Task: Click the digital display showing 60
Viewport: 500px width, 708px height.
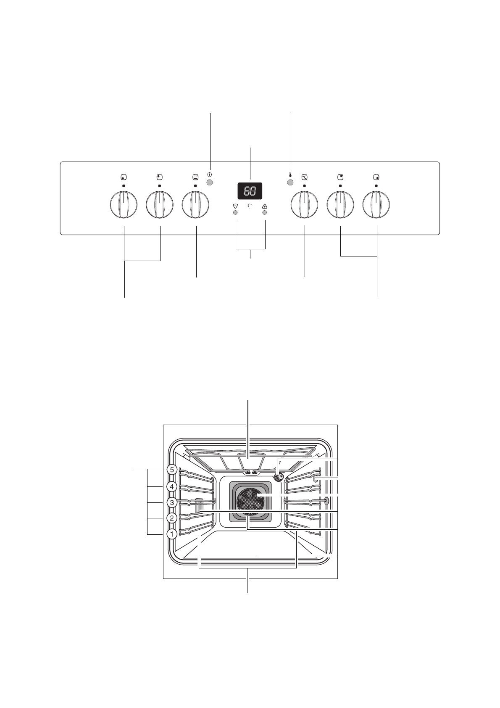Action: (250, 191)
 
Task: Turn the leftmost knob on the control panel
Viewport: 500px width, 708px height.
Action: (124, 205)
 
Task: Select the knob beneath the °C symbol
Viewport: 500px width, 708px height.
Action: (304, 205)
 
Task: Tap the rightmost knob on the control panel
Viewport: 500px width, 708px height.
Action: (376, 205)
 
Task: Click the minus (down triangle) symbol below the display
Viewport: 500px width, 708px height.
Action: (235, 206)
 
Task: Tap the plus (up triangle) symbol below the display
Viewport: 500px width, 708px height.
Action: (265, 206)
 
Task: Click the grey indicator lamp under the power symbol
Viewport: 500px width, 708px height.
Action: (210, 182)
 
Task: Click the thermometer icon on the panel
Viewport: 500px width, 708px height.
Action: (290, 175)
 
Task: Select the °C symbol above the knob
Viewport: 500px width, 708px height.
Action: (304, 177)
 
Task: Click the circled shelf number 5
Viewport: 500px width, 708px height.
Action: (171, 470)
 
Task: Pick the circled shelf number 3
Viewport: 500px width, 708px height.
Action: (171, 502)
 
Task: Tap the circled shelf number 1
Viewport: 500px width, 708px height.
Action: (171, 534)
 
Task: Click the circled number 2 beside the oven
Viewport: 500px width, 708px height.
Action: (171, 518)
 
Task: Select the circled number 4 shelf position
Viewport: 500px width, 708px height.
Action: (171, 487)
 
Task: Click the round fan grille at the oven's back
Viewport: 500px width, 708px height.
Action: (250, 500)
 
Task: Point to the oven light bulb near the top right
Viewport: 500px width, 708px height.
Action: (279, 476)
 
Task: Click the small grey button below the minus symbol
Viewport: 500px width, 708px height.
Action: (235, 213)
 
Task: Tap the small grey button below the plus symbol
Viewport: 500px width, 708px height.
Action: (265, 213)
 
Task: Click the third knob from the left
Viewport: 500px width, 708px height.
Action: (195, 205)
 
